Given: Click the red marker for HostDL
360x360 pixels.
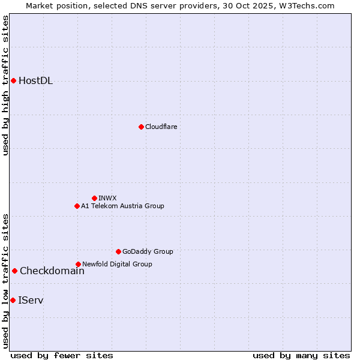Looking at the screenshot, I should point(13,80).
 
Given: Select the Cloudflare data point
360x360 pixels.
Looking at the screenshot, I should point(141,127).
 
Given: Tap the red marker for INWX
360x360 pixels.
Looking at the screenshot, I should point(94,198).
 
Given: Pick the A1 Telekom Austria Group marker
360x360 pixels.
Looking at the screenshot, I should point(77,206).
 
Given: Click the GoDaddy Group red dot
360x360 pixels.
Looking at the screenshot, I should point(118,251).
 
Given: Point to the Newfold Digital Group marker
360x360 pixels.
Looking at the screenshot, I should point(78,264).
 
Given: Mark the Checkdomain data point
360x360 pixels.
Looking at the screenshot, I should point(14,271).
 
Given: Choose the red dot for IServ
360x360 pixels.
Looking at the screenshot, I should point(13,300).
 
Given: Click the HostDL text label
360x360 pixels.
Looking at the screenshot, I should point(35,81).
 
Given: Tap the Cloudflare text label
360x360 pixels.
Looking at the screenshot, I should point(161,127).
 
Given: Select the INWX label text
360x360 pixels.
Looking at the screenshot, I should point(107,198).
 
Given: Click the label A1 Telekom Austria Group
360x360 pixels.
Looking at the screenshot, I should point(122,206).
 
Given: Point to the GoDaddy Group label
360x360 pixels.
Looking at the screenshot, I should point(148,251).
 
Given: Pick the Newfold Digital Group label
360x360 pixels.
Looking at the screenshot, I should point(117,264).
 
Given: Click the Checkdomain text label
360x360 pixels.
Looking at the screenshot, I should point(52,271).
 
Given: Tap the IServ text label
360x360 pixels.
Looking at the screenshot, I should point(31,300).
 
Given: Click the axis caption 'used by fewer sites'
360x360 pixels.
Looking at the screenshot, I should point(62,355).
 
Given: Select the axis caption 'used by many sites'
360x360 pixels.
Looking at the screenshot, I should point(301,355).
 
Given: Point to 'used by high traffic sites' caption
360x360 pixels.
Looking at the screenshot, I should point(5,85).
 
